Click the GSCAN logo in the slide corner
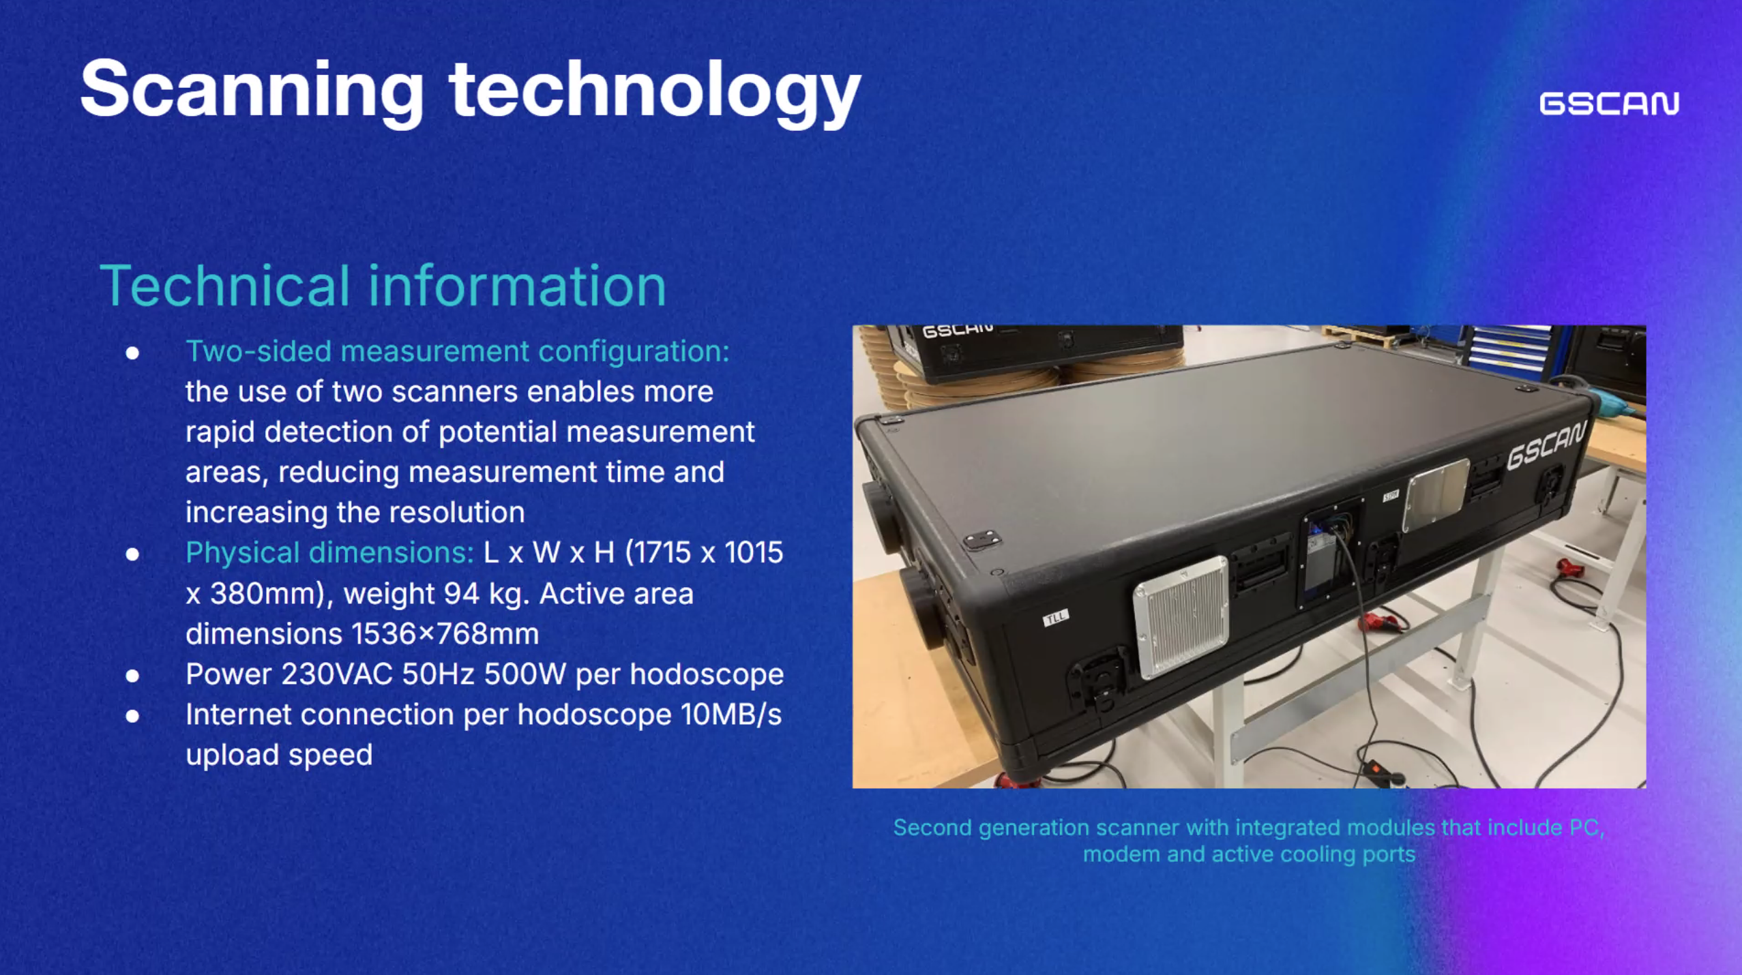point(1609,104)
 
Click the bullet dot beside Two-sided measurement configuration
point(132,352)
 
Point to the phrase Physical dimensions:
point(329,552)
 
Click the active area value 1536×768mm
point(445,634)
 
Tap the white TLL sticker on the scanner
point(1056,618)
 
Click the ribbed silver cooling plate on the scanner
point(1181,617)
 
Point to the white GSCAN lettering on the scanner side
point(1546,447)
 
